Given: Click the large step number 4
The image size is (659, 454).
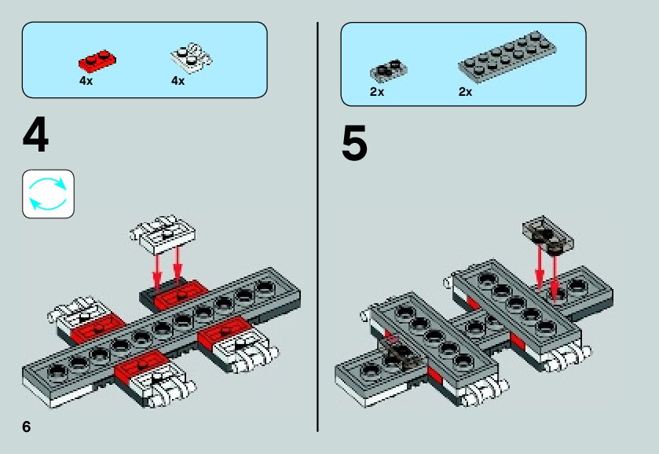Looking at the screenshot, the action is (x=36, y=137).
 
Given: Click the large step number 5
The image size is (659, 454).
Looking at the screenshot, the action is (x=354, y=145).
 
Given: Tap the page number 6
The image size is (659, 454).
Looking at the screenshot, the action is (x=27, y=427).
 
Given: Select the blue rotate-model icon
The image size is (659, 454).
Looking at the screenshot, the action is (x=48, y=193).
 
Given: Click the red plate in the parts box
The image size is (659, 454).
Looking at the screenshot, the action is (x=97, y=60).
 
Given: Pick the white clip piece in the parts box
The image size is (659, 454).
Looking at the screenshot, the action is (x=191, y=59).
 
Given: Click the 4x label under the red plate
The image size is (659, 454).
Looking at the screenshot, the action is (x=86, y=81).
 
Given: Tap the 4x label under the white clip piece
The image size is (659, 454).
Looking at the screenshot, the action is (x=178, y=81).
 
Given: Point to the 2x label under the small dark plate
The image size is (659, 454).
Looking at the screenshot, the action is (x=377, y=93).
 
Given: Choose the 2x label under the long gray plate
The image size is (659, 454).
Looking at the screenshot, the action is (x=465, y=93).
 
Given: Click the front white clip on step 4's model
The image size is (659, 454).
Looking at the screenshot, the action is (x=162, y=383).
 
